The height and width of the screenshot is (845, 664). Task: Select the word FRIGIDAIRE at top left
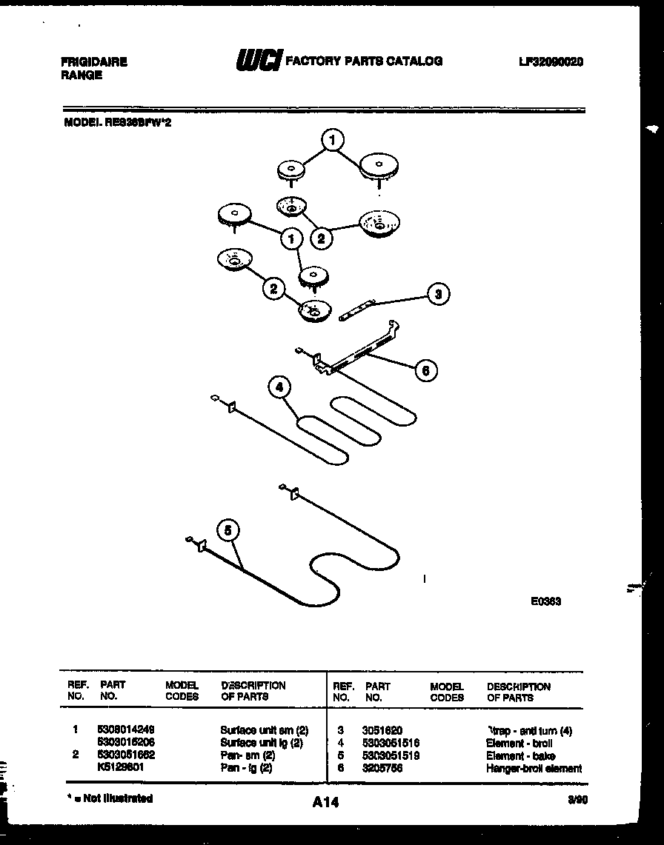[93, 63]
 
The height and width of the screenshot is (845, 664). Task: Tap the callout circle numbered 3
[439, 294]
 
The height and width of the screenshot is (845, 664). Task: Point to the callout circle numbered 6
[425, 370]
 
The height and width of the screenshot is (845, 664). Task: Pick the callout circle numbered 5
[228, 530]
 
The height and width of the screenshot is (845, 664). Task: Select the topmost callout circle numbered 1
[333, 139]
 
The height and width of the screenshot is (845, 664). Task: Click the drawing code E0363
[545, 601]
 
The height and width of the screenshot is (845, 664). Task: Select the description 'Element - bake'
[520, 755]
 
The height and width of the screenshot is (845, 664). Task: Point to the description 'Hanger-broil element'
[534, 768]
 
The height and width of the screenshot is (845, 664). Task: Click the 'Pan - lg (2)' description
[247, 768]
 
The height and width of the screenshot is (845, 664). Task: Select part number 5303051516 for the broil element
[392, 743]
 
